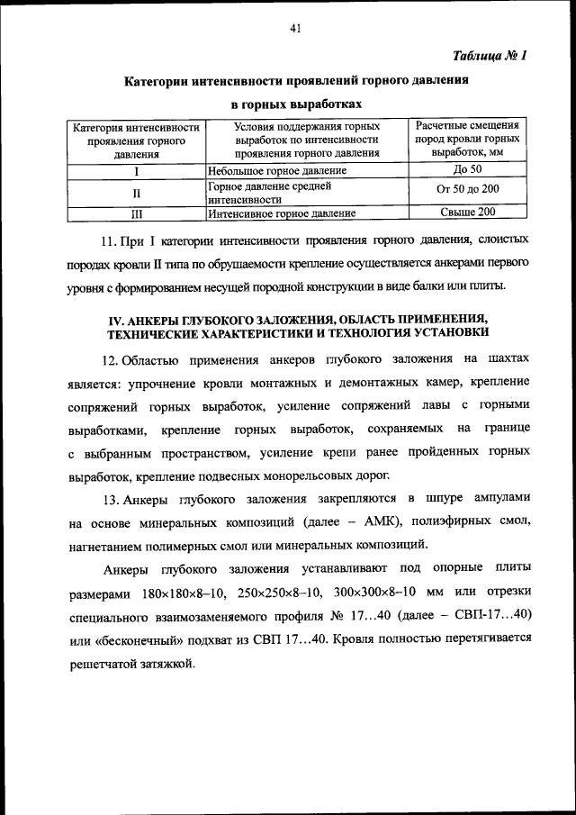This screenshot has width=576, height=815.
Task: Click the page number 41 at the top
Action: [294, 28]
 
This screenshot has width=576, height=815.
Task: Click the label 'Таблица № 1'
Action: [490, 55]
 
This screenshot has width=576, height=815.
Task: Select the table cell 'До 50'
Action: [468, 169]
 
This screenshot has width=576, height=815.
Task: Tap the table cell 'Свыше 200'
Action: [468, 213]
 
